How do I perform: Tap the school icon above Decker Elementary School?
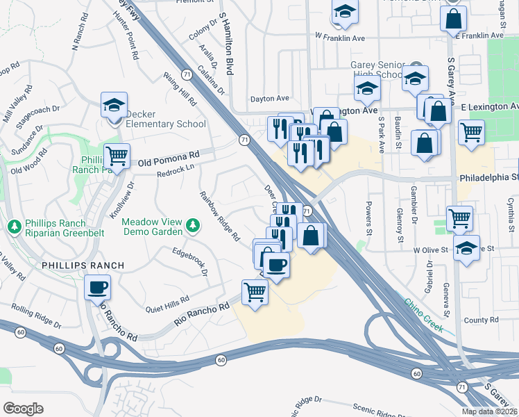pos(114,106)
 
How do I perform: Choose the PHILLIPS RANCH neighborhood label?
pos(83,265)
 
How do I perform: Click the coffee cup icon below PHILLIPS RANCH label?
pos(97,287)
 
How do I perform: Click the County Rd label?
pos(482,320)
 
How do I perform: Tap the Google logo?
pos(23,408)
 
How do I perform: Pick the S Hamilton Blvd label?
pos(226,43)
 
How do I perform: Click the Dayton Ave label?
pos(269,99)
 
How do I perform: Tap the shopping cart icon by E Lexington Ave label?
pos(472,131)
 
